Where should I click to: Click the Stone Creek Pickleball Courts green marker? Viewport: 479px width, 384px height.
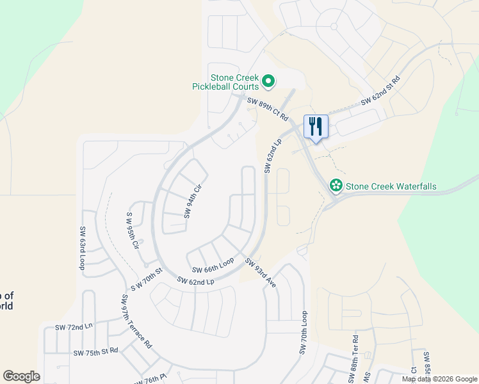coord(269,81)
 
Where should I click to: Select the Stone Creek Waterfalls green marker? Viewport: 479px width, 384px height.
coord(336,186)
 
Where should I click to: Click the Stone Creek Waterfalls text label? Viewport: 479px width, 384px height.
coord(391,187)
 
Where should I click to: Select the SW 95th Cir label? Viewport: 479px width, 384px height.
coord(133,230)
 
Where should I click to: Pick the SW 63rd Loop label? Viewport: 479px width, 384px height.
coord(83,248)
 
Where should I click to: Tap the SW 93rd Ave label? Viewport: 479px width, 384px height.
coord(261,273)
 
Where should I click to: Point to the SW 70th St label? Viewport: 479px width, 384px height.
coord(147,279)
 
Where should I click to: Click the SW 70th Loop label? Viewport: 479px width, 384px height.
coord(303,333)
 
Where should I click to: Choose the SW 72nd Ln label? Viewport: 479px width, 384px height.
coord(74,326)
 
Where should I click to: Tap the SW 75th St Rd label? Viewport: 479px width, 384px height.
coord(95,351)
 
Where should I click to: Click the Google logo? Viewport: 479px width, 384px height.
coord(21,376)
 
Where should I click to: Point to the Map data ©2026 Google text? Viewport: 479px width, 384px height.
coord(439,379)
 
